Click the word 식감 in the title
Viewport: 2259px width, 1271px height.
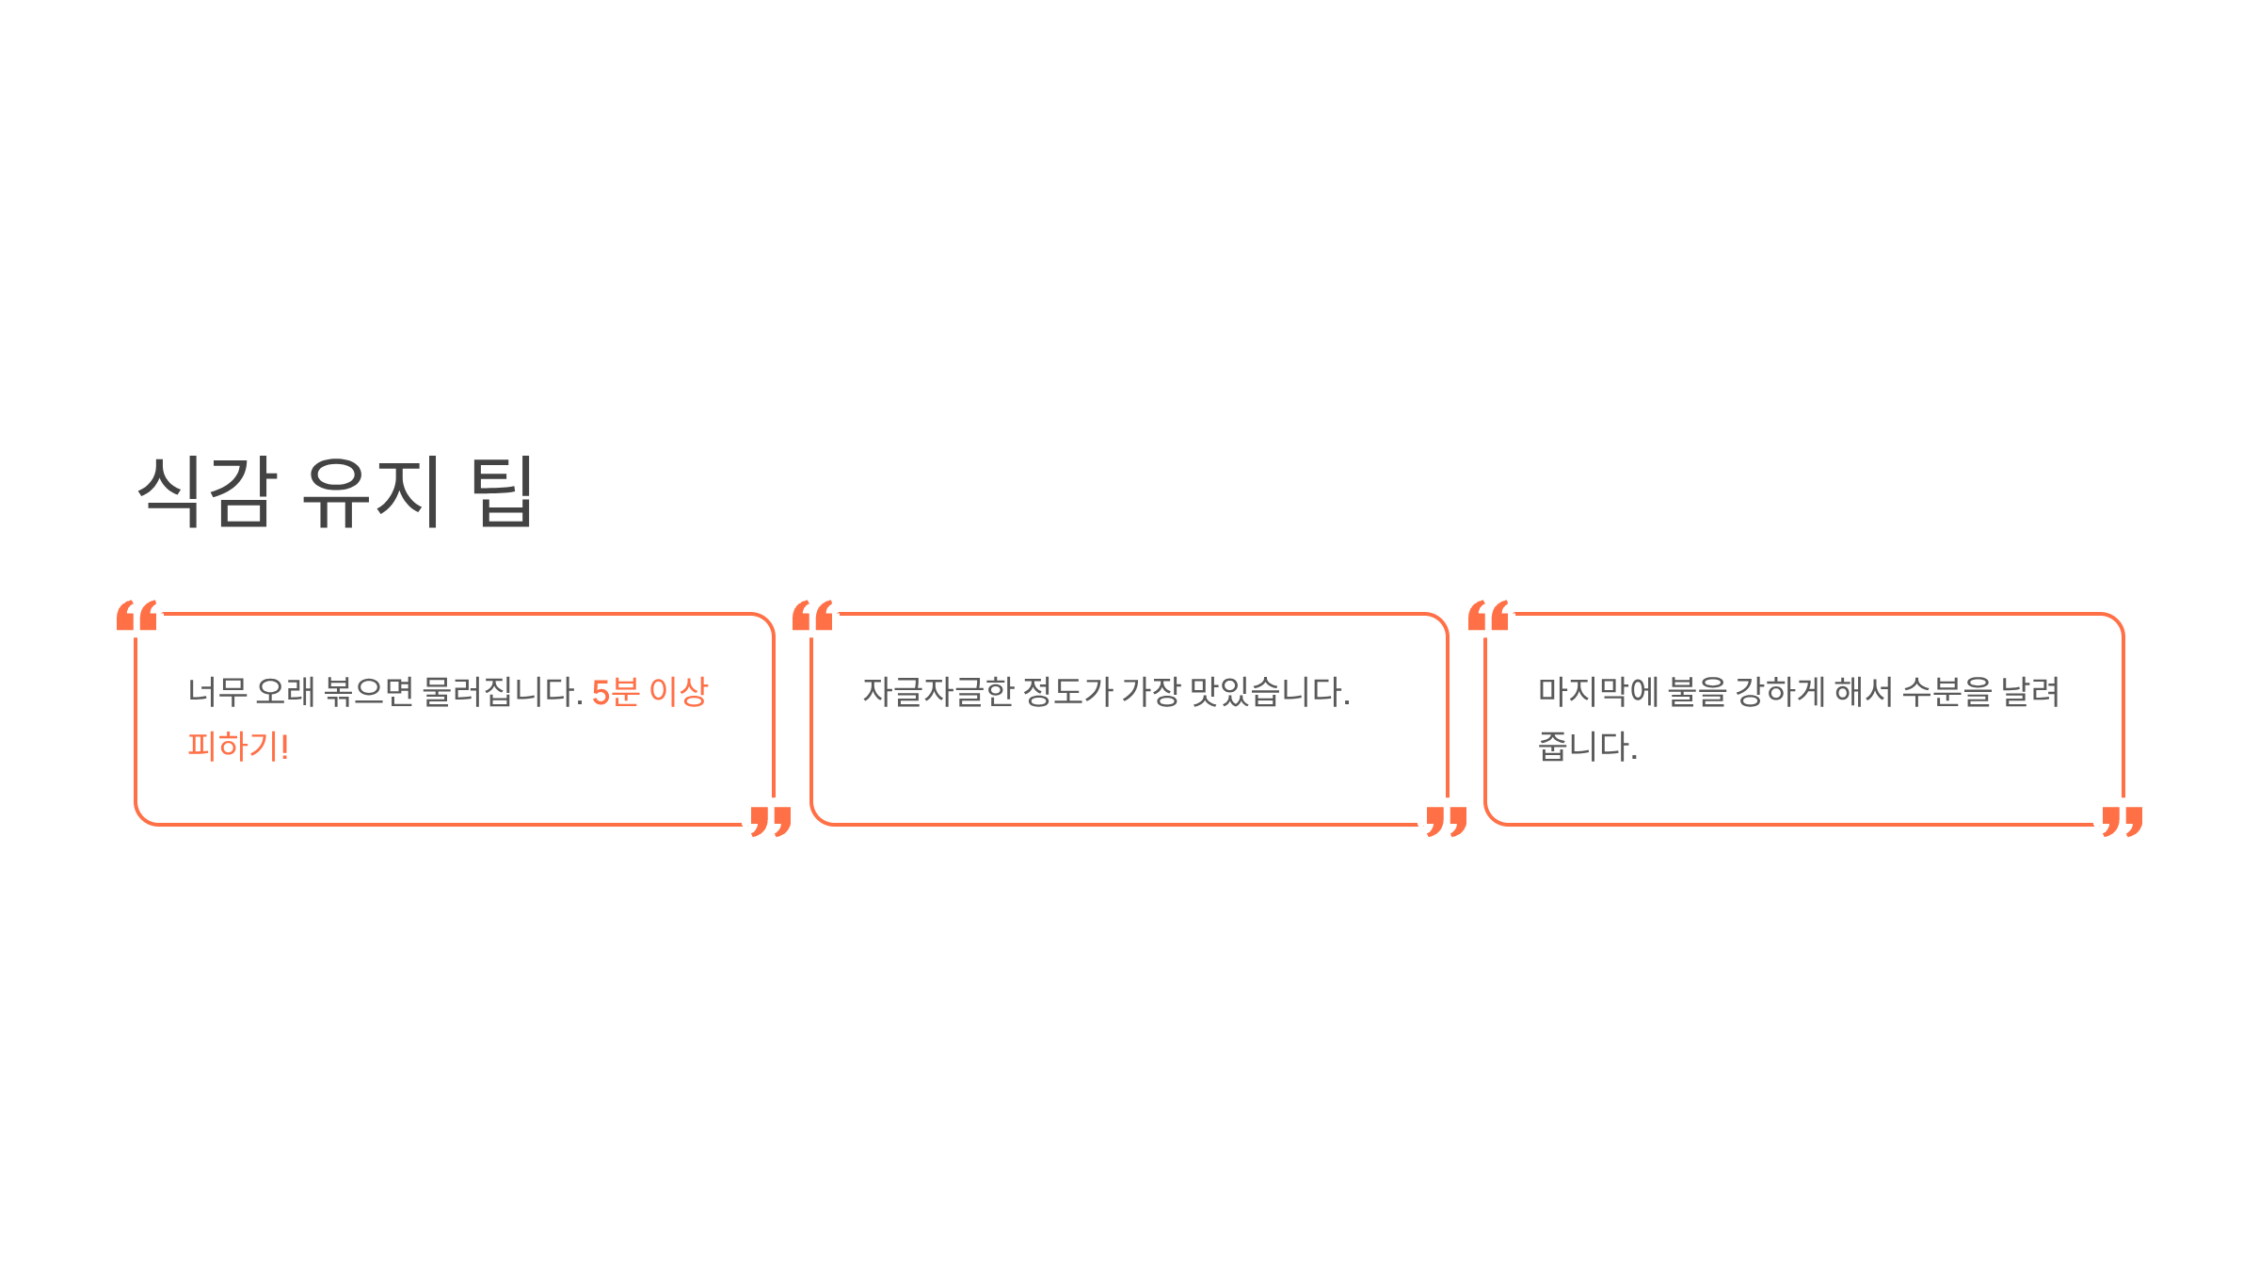click(x=208, y=491)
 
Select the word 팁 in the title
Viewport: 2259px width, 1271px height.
click(x=504, y=491)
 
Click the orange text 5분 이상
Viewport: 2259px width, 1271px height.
click(x=649, y=692)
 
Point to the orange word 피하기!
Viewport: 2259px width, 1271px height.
click(x=238, y=747)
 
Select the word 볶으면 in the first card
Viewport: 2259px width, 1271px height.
click(x=369, y=692)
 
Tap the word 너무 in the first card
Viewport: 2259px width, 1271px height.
click(x=217, y=692)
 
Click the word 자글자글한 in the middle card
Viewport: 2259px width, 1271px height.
click(x=938, y=692)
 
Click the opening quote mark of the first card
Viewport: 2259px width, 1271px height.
click(x=136, y=616)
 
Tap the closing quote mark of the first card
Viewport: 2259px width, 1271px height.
click(x=771, y=821)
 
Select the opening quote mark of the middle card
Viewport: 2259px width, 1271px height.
click(x=812, y=616)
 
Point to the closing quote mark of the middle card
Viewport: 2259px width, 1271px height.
click(x=1447, y=821)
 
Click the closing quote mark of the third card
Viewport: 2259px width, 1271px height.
click(x=2123, y=821)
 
